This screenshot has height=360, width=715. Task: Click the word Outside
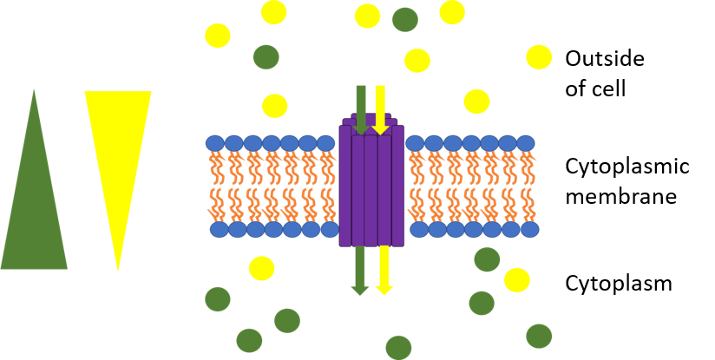point(605,59)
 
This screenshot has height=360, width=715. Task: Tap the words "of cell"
point(595,88)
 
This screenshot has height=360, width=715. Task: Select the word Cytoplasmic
point(627,167)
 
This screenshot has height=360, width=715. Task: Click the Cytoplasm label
point(619,284)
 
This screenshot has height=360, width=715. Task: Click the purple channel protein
point(371,180)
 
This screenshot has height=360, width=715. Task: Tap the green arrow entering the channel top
point(361,110)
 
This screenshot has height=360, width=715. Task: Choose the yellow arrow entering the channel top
point(380,110)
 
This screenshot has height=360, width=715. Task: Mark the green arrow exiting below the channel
point(360,271)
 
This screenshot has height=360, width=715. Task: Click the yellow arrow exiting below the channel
point(384,271)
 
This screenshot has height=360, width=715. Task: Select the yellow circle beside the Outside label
point(539,57)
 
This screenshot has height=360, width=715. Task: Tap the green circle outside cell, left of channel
point(266,57)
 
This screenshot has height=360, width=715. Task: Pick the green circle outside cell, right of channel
point(405,20)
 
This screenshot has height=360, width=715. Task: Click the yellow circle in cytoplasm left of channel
point(262,268)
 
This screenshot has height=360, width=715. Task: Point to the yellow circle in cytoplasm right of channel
point(517,280)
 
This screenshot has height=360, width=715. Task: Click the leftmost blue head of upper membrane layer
point(215,143)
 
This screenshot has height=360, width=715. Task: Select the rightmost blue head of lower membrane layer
point(529,229)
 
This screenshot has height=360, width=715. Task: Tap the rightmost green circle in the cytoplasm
point(539,337)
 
